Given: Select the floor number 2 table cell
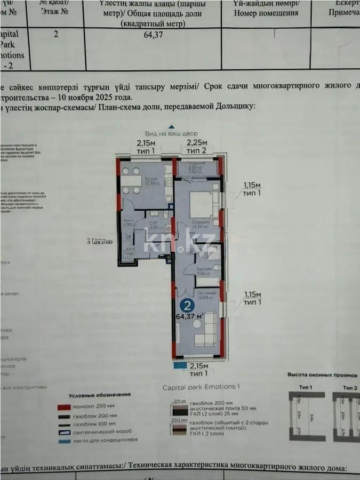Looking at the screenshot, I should tap(56, 35).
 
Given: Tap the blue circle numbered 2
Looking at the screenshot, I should tap(187, 306).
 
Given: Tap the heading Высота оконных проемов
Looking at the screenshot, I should tap(319, 375).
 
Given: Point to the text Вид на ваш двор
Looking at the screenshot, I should tap(171, 133).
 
